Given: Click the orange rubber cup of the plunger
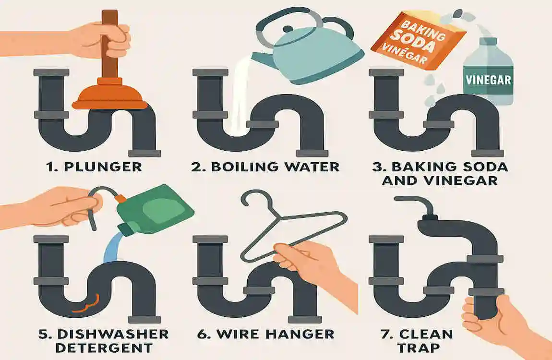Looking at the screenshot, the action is (x=109, y=94).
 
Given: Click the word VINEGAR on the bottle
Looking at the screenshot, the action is (x=488, y=80).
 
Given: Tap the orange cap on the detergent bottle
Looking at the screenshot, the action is (x=120, y=198).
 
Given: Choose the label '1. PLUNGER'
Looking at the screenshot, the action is (x=94, y=167).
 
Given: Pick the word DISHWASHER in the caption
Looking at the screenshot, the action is (x=113, y=334).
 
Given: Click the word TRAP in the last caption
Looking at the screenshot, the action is (x=419, y=348).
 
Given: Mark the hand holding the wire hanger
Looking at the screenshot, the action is (x=310, y=264).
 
